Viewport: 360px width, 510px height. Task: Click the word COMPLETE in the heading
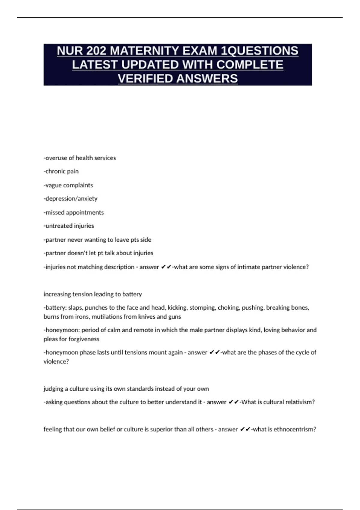pos(250,65)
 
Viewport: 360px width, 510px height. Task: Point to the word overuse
pos(56,158)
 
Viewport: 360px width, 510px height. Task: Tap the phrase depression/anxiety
pos(70,199)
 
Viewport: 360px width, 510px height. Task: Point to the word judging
pos(53,389)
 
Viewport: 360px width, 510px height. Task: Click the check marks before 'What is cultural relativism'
pos(234,402)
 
